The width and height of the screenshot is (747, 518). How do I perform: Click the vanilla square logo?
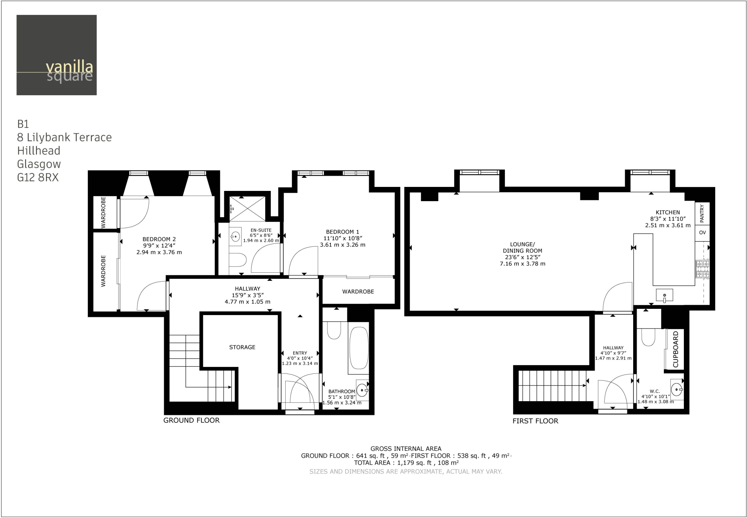pyautogui.click(x=57, y=55)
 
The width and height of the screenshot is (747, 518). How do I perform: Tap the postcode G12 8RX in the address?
pyautogui.click(x=38, y=177)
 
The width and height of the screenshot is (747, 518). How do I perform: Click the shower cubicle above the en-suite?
pyautogui.click(x=247, y=208)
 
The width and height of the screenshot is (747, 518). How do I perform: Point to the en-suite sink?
pyautogui.click(x=235, y=237)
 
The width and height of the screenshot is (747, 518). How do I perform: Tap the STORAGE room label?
pyautogui.click(x=242, y=347)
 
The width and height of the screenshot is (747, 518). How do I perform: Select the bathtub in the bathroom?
pyautogui.click(x=359, y=348)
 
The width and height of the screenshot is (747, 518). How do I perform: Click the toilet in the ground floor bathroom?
pyautogui.click(x=334, y=330)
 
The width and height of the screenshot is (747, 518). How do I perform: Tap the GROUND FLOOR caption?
pyautogui.click(x=191, y=420)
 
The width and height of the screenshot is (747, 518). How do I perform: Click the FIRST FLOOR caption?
pyautogui.click(x=535, y=421)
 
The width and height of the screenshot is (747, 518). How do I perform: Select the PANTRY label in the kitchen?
pyautogui.click(x=702, y=213)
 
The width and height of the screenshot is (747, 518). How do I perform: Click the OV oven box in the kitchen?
pyautogui.click(x=702, y=233)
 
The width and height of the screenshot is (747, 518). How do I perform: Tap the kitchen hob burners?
pyautogui.click(x=703, y=269)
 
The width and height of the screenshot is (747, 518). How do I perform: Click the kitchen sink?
pyautogui.click(x=664, y=295)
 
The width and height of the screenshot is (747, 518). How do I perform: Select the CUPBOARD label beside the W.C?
pyautogui.click(x=676, y=349)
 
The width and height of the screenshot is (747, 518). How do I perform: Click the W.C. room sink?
pyautogui.click(x=677, y=390)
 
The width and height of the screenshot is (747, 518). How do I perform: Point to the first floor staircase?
pyautogui.click(x=551, y=386)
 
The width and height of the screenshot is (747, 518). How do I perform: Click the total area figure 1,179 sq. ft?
pyautogui.click(x=414, y=463)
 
